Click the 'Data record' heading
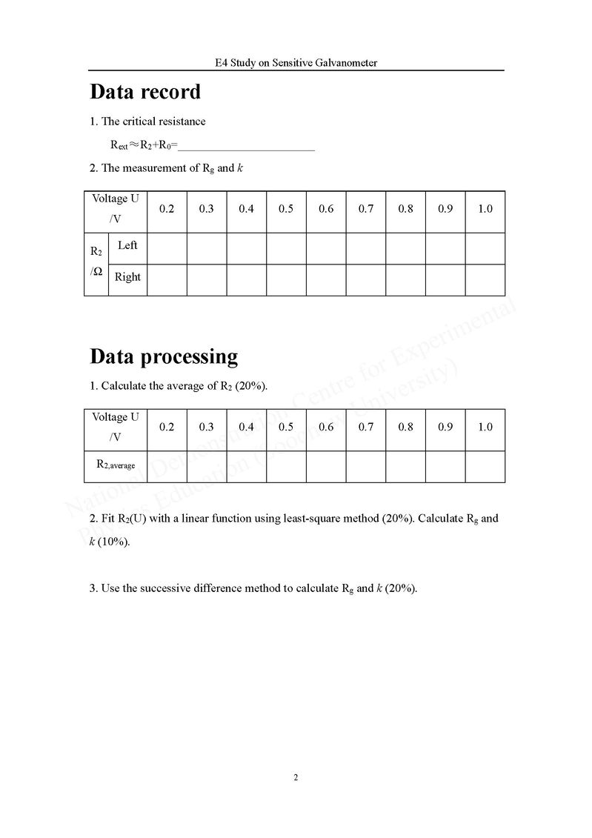(x=145, y=92)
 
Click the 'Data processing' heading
(x=164, y=356)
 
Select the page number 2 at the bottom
(x=296, y=777)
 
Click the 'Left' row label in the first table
(x=127, y=246)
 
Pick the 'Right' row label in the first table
(x=127, y=277)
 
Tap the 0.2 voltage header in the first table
(x=167, y=209)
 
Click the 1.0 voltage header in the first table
(x=485, y=209)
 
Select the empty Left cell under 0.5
(x=286, y=248)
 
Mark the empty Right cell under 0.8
(x=405, y=279)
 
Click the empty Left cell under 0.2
(x=167, y=248)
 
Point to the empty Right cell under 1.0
(x=485, y=279)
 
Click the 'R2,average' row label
(x=116, y=465)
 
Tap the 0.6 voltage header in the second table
(x=326, y=427)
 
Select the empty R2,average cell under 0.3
(x=207, y=466)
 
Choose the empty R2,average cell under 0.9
(x=445, y=466)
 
